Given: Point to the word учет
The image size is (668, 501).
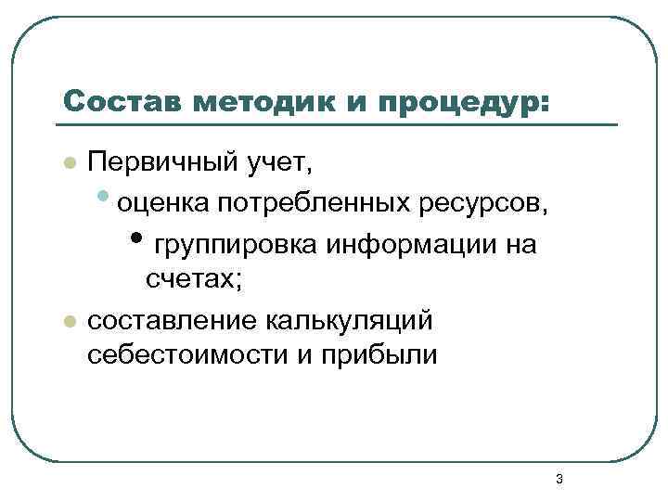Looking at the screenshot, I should [284, 164].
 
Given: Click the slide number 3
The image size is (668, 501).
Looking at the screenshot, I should [559, 479].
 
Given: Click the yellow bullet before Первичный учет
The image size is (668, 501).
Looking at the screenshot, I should [67, 164].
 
